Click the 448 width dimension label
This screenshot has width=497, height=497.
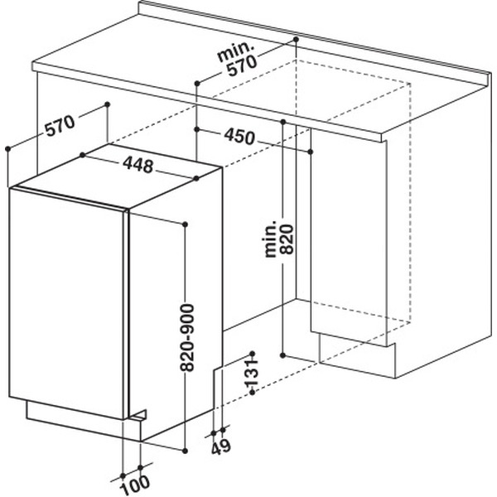pyautogui.click(x=138, y=165)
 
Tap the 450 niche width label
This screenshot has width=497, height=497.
pyautogui.click(x=239, y=137)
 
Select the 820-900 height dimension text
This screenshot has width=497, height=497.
pyautogui.click(x=186, y=337)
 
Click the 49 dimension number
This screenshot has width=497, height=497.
pyautogui.click(x=221, y=447)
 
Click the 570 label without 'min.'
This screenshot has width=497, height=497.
pyautogui.click(x=60, y=125)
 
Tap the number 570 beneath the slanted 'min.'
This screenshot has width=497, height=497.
pyautogui.click(x=242, y=66)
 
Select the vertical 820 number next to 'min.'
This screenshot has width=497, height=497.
pyautogui.click(x=287, y=239)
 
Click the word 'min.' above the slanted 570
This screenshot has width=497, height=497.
pyautogui.click(x=236, y=51)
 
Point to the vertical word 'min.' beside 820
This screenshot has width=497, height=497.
pyautogui.click(x=270, y=239)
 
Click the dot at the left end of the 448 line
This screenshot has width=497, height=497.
pyautogui.click(x=82, y=155)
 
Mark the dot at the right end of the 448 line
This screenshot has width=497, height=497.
pyautogui.click(x=196, y=178)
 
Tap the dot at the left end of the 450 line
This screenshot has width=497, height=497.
pyautogui.click(x=197, y=129)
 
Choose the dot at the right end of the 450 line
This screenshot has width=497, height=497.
pyautogui.click(x=311, y=152)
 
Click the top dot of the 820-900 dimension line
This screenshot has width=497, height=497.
pyautogui.click(x=186, y=224)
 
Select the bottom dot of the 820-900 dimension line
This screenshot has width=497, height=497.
pyautogui.click(x=186, y=451)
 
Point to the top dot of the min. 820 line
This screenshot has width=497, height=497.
pyautogui.click(x=283, y=122)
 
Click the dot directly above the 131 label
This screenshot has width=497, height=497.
pyautogui.click(x=253, y=354)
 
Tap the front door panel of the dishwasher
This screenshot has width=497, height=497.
pyautogui.click(x=68, y=304)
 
